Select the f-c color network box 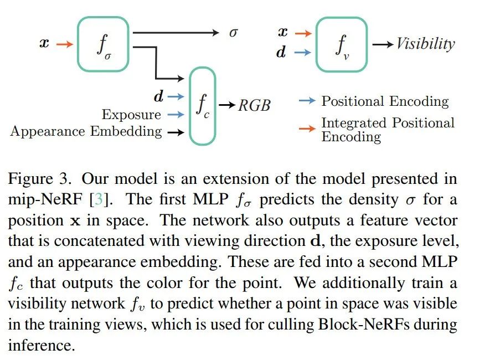point(203,106)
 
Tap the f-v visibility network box point(341,44)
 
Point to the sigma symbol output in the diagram point(233,33)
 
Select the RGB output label point(254,105)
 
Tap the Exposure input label point(131,115)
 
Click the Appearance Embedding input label point(86,132)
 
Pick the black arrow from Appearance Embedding point(176,132)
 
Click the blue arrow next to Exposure point(176,115)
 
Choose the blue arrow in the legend point(306,101)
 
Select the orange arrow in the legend point(306,129)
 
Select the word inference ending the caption point(40,345)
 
